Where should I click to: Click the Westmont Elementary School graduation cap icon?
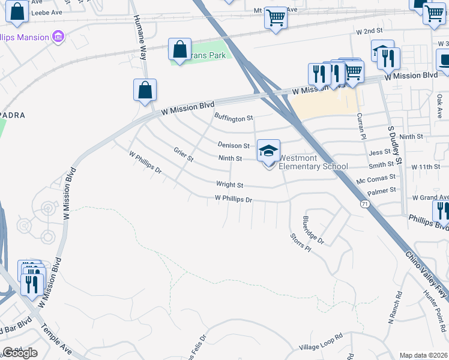pos(268,151)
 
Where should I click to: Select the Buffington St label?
pos(234,119)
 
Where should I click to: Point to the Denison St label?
pos(234,146)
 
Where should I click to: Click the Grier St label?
pos(184,154)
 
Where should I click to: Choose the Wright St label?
pos(230,185)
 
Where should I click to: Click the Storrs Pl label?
pos(300,242)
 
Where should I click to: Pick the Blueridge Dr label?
pos(313,230)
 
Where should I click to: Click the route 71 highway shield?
pos(366,205)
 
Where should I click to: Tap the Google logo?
pos(20,353)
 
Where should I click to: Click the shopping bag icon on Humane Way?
pos(145,90)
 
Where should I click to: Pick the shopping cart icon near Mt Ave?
pos(276,18)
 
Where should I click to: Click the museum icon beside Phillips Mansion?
pos(58,37)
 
